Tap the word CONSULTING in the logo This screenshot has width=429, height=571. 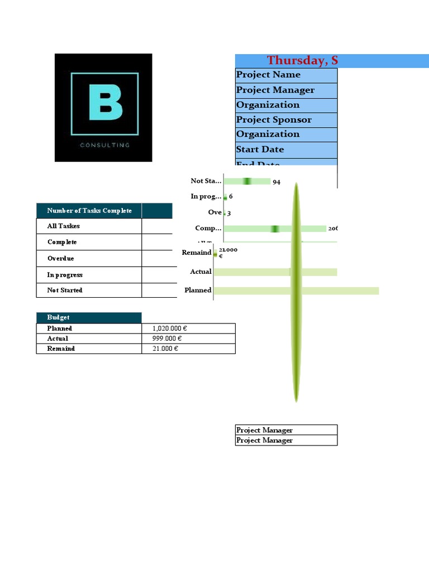click(105, 145)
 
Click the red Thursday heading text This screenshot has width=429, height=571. click(302, 61)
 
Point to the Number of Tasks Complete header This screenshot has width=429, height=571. click(89, 211)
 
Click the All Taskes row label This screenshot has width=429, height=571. click(63, 226)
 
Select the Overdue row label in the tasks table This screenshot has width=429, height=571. click(60, 259)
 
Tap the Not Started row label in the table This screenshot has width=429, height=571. click(65, 291)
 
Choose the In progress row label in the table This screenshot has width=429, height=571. click(65, 275)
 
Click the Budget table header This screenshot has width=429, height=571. click(59, 317)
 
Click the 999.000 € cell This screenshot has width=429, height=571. click(167, 338)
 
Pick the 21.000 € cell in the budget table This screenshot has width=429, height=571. click(165, 349)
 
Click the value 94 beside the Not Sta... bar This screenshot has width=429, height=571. click(277, 182)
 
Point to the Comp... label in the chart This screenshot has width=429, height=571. click(208, 229)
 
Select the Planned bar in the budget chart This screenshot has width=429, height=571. click(296, 291)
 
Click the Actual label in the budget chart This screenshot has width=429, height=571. click(201, 272)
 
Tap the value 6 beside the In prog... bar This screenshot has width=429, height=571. click(231, 197)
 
